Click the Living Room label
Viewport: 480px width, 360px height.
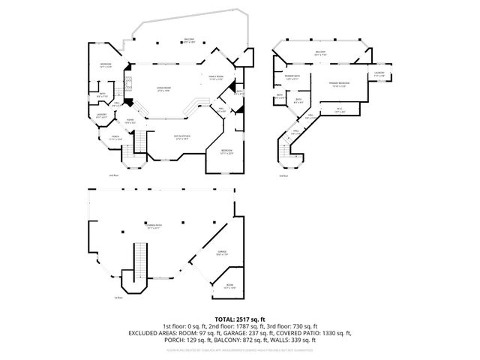point(163,91)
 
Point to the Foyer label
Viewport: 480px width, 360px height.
point(129,121)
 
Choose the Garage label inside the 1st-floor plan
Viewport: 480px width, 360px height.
point(222,253)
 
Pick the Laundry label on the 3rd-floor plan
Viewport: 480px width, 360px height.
point(379,75)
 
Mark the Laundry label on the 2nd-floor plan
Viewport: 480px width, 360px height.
point(101,116)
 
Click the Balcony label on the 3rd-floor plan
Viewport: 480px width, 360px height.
point(320,53)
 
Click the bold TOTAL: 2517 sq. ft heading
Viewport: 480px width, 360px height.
point(240,319)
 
